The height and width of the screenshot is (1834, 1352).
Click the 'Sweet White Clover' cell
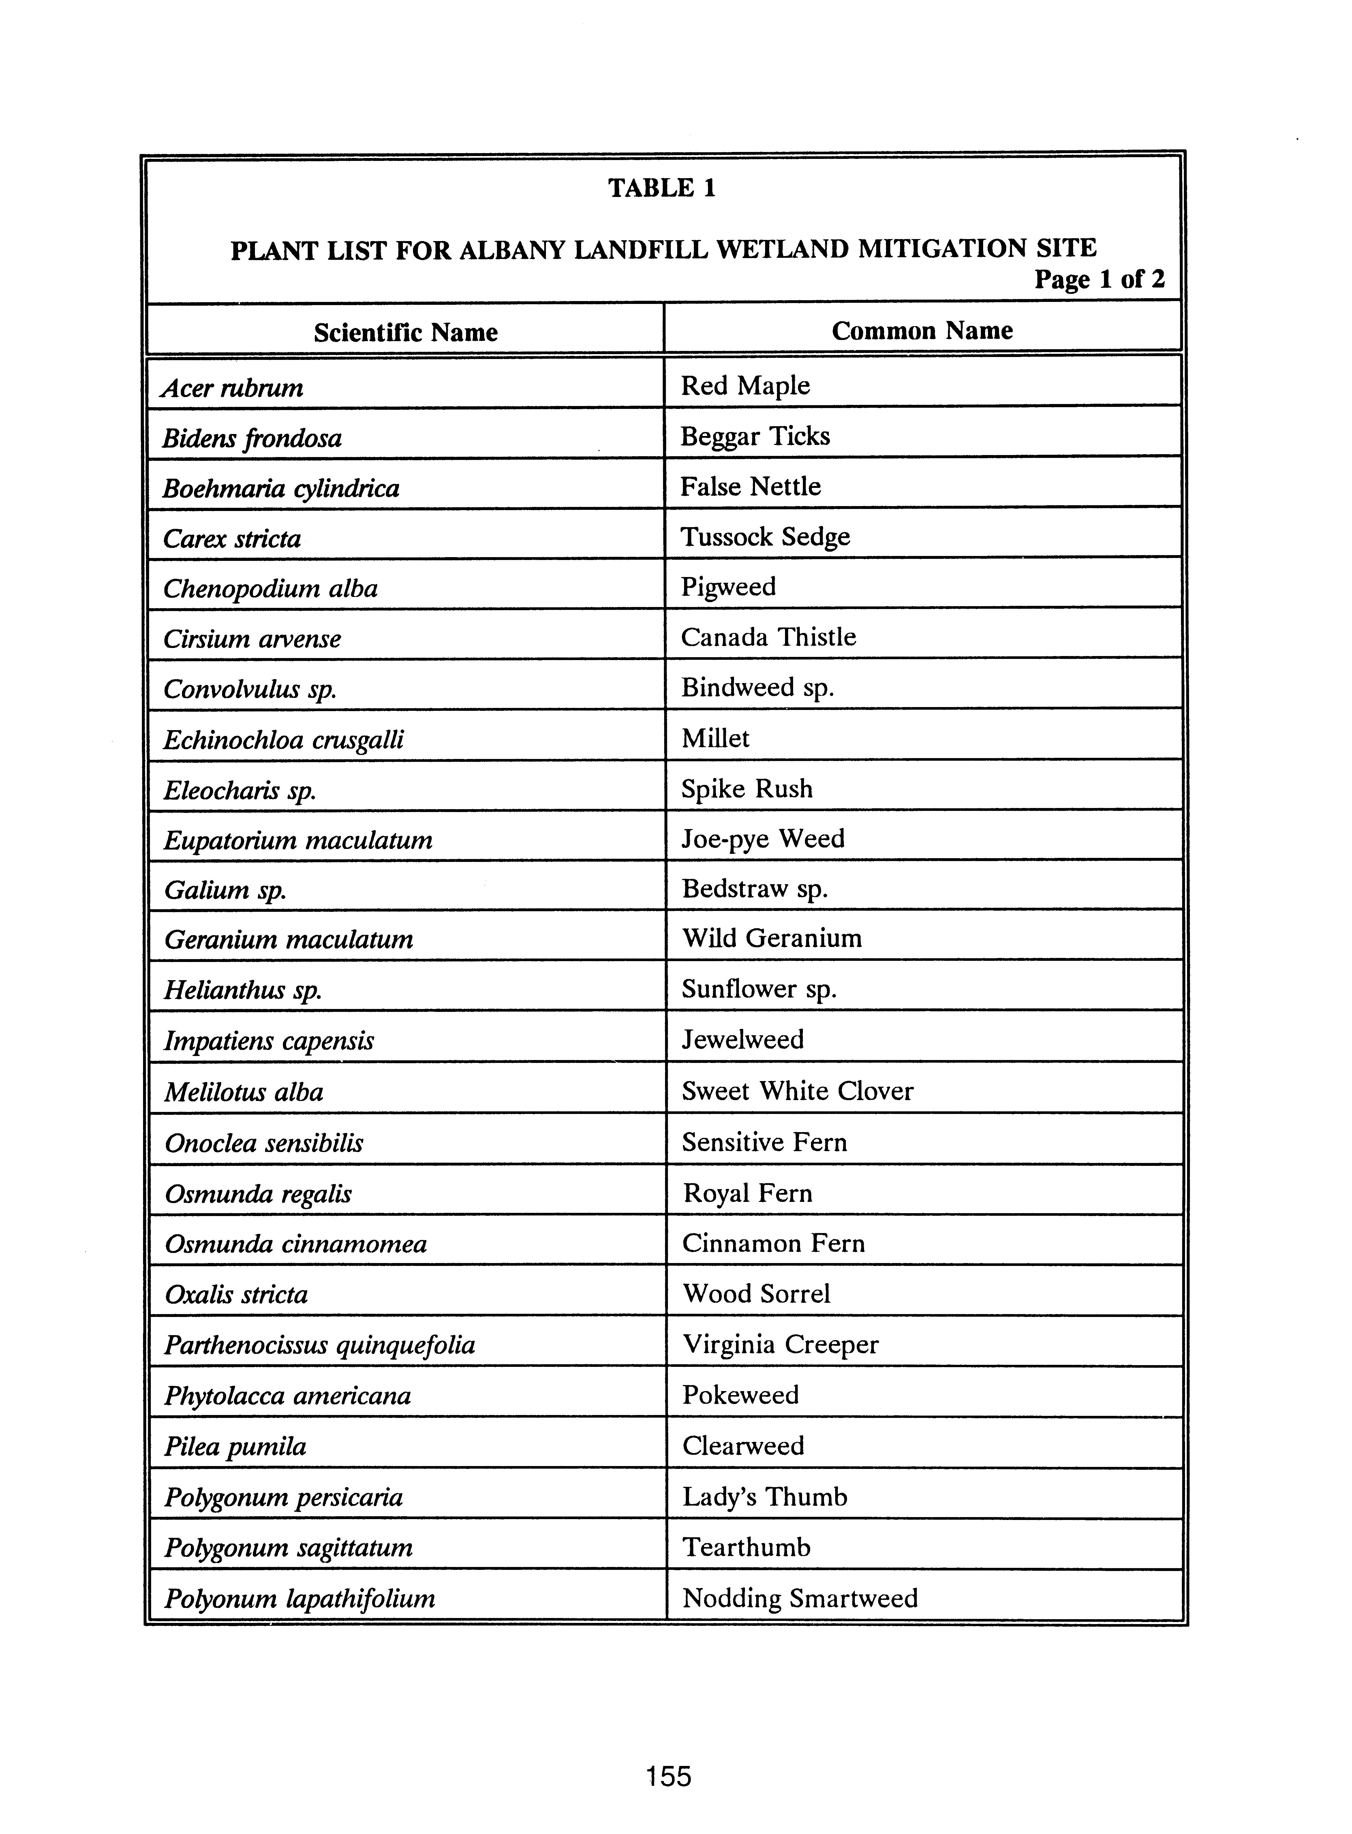[x=797, y=1091]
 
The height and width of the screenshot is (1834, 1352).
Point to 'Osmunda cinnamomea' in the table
[x=295, y=1244]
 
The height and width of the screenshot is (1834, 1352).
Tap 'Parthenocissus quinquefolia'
[x=319, y=1345]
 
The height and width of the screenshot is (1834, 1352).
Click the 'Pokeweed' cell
[x=740, y=1395]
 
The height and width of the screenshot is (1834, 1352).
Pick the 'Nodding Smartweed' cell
[x=800, y=1598]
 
